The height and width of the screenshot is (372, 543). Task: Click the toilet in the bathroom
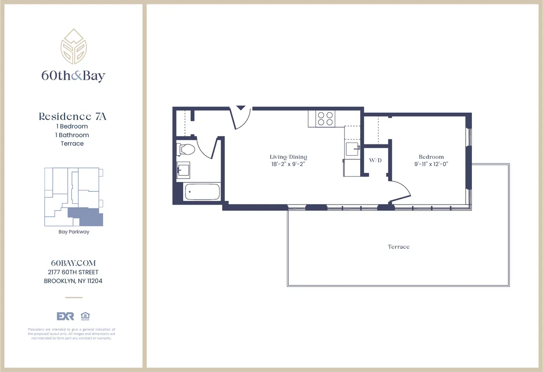pyautogui.click(x=186, y=149)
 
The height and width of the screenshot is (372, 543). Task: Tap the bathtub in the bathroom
pyautogui.click(x=202, y=192)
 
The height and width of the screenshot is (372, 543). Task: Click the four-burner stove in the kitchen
pyautogui.click(x=325, y=119)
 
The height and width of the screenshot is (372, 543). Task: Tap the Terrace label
pyautogui.click(x=398, y=247)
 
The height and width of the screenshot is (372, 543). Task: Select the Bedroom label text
pyautogui.click(x=431, y=157)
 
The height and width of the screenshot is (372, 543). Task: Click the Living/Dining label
pyautogui.click(x=288, y=157)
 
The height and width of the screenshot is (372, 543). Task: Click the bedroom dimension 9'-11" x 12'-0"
pyautogui.click(x=431, y=165)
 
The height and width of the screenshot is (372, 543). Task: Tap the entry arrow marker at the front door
pyautogui.click(x=241, y=109)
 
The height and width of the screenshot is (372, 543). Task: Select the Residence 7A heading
pyautogui.click(x=72, y=117)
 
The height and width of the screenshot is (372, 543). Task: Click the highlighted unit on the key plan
pyautogui.click(x=86, y=217)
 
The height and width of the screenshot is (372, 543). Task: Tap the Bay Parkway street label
pyautogui.click(x=74, y=232)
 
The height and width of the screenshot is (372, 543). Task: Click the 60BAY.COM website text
pyautogui.click(x=74, y=263)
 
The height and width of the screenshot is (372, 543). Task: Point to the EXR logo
pyautogui.click(x=65, y=316)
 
